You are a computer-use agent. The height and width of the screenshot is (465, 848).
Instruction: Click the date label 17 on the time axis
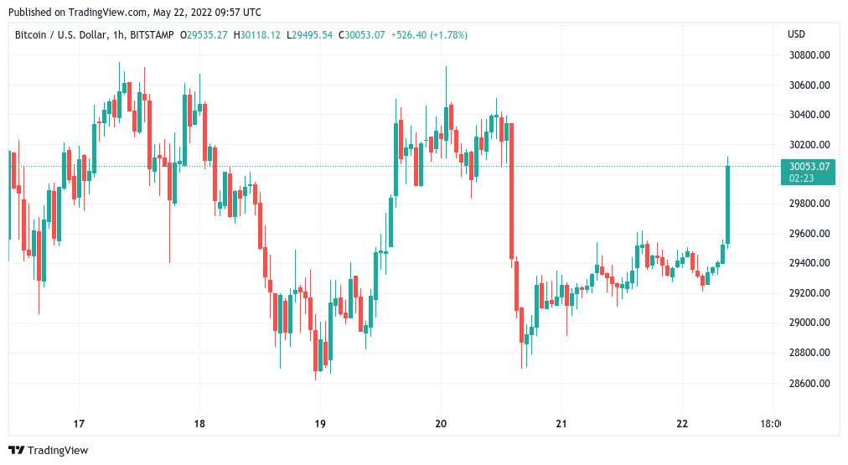point(80,424)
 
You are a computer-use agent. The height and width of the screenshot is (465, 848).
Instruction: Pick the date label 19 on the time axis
point(319,424)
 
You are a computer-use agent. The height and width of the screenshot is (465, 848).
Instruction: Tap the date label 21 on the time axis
point(561,424)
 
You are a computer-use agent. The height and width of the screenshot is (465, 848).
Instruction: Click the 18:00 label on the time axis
point(770,424)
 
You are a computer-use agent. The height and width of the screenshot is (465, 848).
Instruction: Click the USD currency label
point(796,34)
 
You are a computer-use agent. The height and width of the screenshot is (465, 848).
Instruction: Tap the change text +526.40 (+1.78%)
point(428,34)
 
